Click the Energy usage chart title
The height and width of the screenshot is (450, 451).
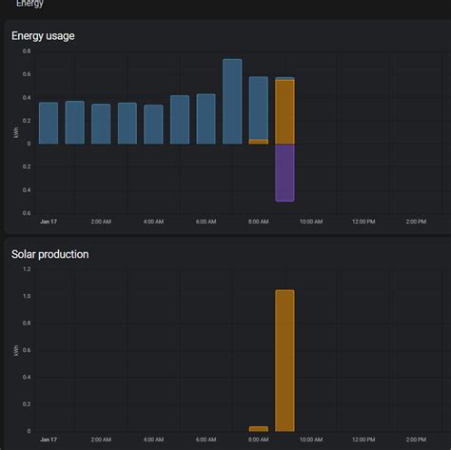coord(43,36)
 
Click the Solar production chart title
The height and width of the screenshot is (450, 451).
coord(50,254)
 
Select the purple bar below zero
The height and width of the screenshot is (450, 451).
coord(284,172)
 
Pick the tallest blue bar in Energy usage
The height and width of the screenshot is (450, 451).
coord(232,102)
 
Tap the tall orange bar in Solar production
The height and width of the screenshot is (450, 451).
coord(284,361)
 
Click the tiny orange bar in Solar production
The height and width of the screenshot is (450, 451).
coord(258,429)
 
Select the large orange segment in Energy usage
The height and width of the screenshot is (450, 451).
coord(284,111)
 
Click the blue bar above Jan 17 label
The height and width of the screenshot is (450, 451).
coord(49,123)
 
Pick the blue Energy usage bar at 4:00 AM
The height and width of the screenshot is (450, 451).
coord(153,124)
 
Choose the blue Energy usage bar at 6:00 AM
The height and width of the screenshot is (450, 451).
coord(206,119)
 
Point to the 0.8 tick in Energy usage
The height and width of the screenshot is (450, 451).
coord(27,51)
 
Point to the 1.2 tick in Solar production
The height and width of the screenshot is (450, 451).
coord(27,269)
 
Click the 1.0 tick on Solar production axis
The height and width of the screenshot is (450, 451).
coord(27,297)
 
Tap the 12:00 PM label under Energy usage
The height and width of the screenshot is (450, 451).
coord(363,222)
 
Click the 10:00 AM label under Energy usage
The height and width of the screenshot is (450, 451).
coord(310,222)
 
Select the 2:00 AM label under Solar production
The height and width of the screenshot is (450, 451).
coord(101,440)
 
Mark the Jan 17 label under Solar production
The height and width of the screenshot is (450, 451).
coord(49,440)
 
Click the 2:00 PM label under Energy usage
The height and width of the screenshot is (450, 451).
coord(415,222)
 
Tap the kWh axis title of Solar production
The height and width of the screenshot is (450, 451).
coord(16,351)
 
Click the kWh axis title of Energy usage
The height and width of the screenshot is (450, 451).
coord(16,132)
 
